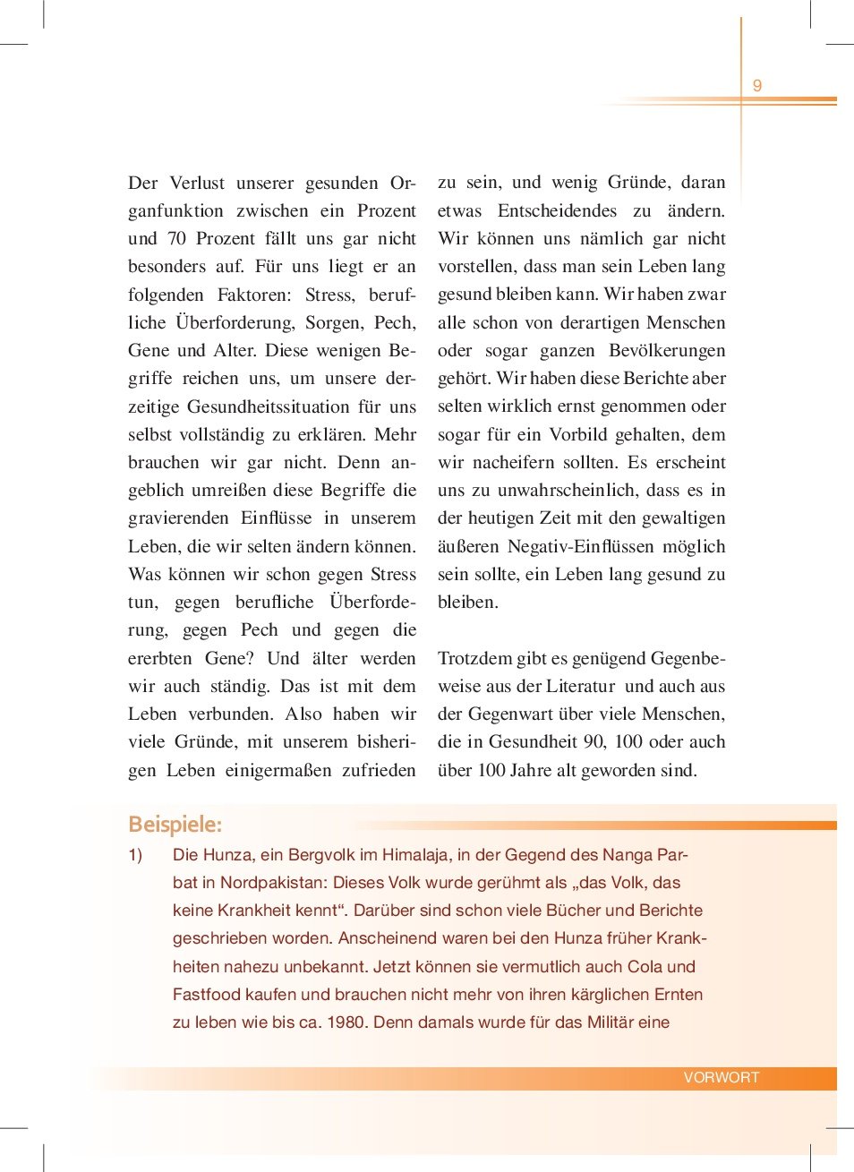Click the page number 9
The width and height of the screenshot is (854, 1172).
[756, 86]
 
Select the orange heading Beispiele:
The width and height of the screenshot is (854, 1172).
[175, 824]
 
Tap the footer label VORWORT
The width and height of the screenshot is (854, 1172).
[721, 1077]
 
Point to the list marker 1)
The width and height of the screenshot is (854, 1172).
[135, 855]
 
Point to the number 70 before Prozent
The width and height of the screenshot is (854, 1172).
[176, 239]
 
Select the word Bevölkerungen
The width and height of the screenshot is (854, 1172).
[667, 351]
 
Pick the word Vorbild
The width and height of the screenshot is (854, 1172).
[578, 435]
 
